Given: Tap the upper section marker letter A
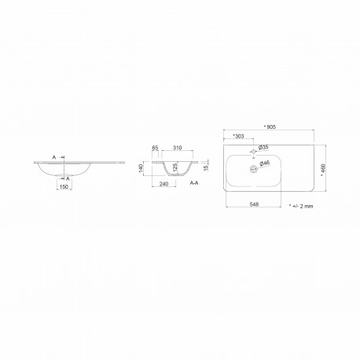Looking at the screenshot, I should [x=53, y=157].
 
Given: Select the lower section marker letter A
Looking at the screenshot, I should [x=68, y=178].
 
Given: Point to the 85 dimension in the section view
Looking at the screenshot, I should [x=156, y=149].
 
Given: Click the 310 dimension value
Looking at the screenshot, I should [x=178, y=149].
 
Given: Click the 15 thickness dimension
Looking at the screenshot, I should [x=207, y=167].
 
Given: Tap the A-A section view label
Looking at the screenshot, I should [x=193, y=182].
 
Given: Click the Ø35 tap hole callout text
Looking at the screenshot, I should [x=264, y=146].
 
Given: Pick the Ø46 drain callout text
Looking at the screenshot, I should [x=265, y=163].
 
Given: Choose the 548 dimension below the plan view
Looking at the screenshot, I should [x=255, y=204].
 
